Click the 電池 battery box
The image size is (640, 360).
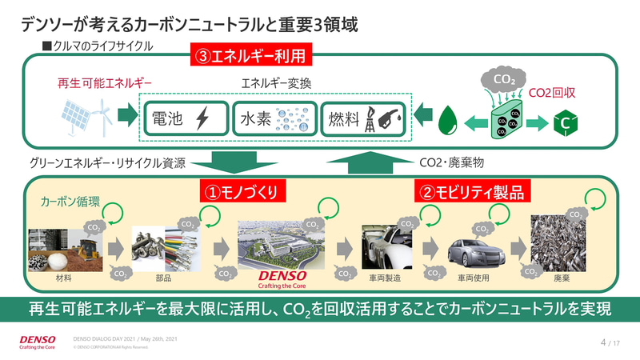[183, 119]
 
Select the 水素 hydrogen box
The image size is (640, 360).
[273, 119]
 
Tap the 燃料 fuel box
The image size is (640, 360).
[363, 119]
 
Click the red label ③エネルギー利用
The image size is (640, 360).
[250, 58]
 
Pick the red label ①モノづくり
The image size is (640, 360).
[242, 193]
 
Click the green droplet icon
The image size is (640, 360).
[447, 122]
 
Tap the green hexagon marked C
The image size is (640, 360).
[562, 123]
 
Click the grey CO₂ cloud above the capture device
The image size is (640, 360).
[504, 80]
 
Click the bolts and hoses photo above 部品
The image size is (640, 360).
[163, 247]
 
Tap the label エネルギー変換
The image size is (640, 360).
[274, 83]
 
